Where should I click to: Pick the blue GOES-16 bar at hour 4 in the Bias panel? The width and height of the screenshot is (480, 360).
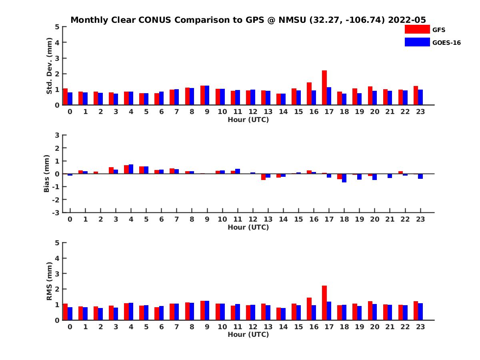tap(131, 169)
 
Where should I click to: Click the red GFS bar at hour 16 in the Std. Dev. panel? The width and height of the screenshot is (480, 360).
tap(309, 94)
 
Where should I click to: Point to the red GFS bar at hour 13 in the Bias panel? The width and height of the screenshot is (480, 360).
tap(264, 177)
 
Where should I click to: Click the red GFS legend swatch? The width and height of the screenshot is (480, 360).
tap(417, 30)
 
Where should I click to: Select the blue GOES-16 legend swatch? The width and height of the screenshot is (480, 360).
tap(417, 42)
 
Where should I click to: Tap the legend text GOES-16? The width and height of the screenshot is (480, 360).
tap(446, 43)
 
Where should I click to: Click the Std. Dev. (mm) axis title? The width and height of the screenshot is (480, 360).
tap(49, 66)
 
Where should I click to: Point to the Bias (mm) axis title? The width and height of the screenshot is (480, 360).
tap(46, 174)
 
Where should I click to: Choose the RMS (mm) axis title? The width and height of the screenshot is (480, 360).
tap(49, 281)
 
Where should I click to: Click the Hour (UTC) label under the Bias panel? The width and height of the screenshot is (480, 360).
tap(248, 227)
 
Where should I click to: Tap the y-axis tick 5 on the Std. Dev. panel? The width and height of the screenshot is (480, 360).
tap(58, 27)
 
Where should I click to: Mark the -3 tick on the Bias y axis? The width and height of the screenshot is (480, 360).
tap(56, 212)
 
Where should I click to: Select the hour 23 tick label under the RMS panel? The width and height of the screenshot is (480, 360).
tap(420, 326)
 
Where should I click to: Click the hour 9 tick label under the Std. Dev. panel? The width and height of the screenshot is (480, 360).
tap(207, 112)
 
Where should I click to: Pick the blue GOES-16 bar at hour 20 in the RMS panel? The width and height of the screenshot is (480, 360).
tap(374, 312)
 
